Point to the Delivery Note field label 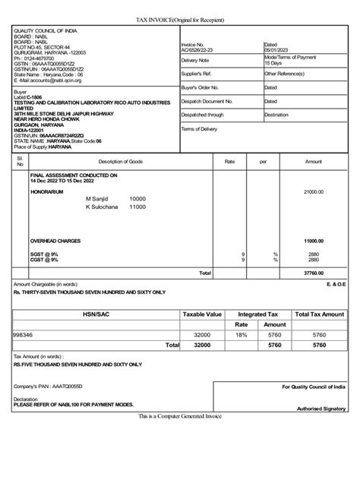pyautogui.click(x=194, y=59)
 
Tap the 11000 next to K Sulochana pyautogui.click(x=137, y=206)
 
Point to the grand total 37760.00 pyautogui.click(x=314, y=272)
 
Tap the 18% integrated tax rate pyautogui.click(x=242, y=333)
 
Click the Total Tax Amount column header pyautogui.click(x=319, y=314)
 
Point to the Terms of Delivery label pyautogui.click(x=200, y=129)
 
